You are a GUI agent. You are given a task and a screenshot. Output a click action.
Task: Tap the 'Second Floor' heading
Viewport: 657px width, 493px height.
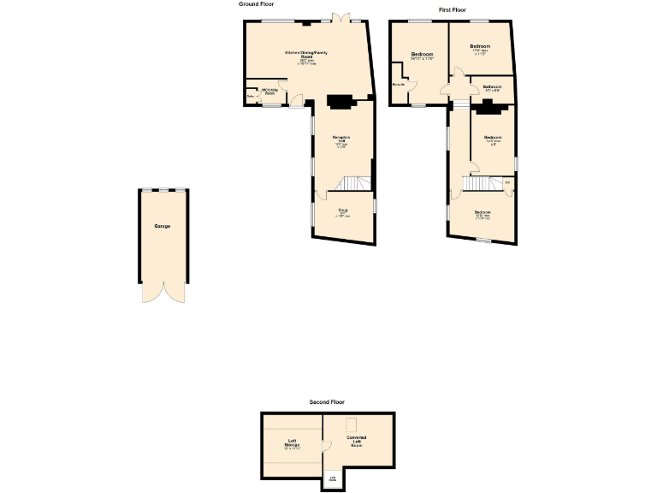tap(327, 401)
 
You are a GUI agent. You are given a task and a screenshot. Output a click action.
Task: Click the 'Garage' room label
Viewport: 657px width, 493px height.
tap(163, 226)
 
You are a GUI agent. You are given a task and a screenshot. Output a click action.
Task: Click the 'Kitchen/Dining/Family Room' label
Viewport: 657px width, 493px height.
tap(306, 56)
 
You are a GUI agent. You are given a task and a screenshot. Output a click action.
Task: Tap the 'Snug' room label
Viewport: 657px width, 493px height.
tap(342, 212)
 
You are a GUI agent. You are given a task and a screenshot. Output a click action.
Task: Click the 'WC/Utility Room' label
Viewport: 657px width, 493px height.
tap(270, 91)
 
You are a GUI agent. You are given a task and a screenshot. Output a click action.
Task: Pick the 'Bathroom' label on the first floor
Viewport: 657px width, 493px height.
tap(492, 87)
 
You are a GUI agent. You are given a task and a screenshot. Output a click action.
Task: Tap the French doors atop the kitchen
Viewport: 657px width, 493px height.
tap(340, 17)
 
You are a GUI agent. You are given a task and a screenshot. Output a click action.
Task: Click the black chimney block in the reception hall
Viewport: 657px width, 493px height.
tap(340, 101)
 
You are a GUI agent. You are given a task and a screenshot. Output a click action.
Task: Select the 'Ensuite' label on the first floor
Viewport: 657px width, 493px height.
tap(399, 85)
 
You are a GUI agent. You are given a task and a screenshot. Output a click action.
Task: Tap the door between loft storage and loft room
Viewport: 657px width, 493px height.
tap(326, 446)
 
